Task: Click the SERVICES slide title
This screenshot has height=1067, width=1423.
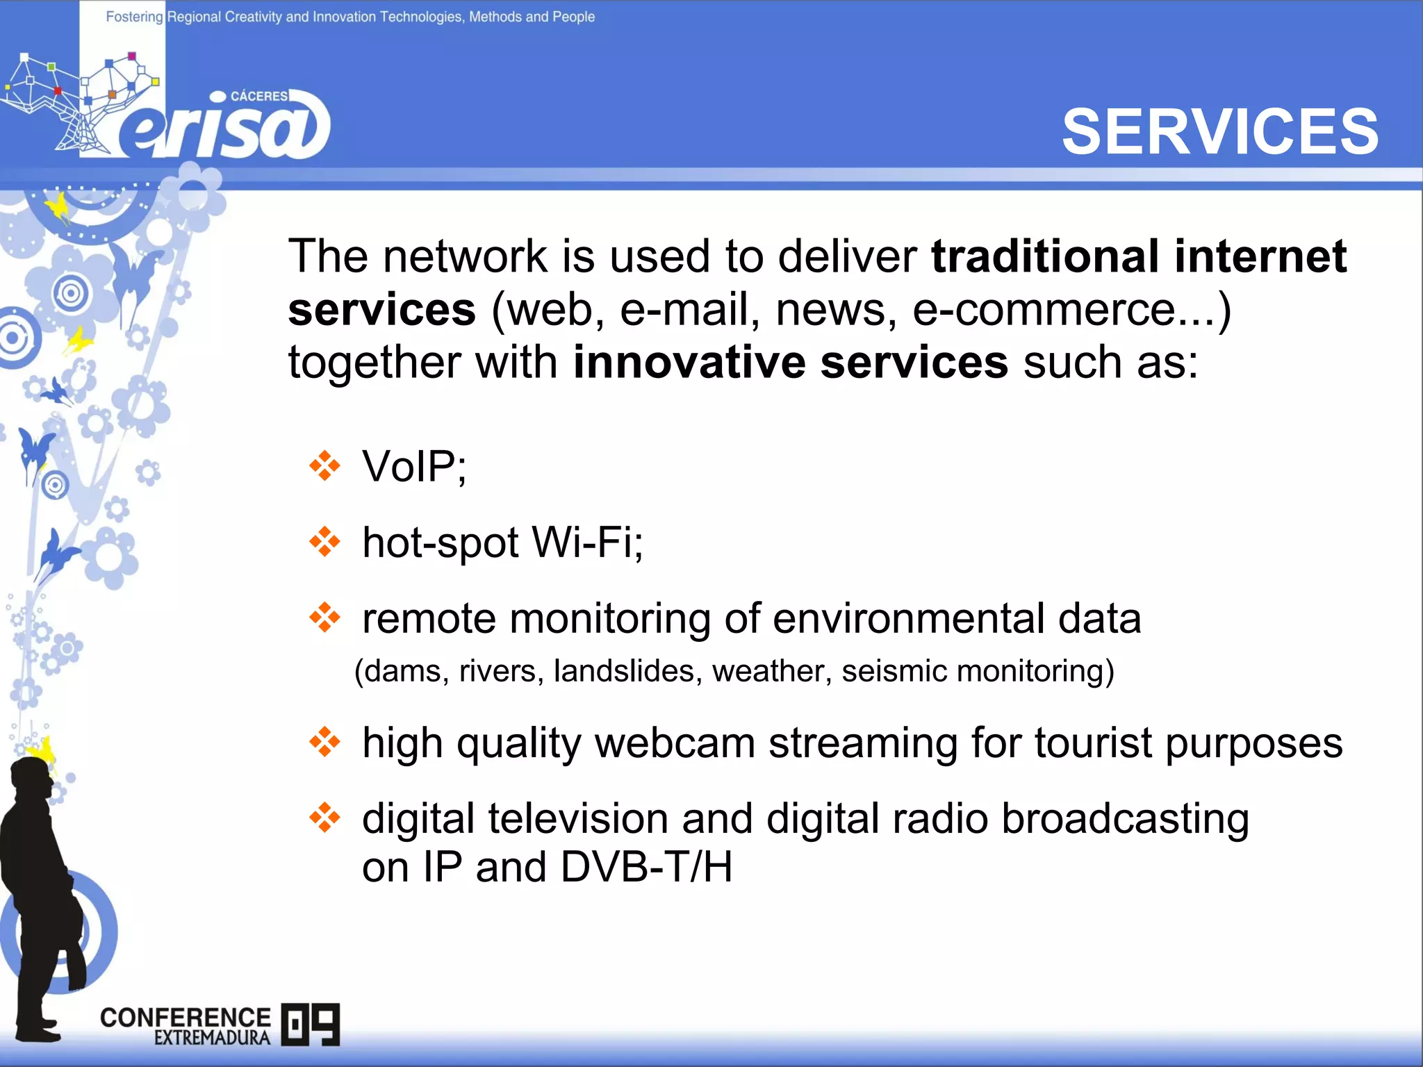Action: click(1220, 132)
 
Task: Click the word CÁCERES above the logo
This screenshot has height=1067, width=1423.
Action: click(258, 97)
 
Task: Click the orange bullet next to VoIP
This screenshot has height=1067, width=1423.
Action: click(324, 466)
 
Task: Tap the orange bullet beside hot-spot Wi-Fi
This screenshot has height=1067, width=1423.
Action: click(324, 542)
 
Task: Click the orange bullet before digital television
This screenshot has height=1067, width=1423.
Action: click(324, 818)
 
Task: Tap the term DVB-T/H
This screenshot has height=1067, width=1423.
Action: click(646, 868)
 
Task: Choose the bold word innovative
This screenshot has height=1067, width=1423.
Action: click(688, 363)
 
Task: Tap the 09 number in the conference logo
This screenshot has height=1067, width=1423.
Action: click(311, 1024)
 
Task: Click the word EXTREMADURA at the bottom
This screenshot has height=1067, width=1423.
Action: click(212, 1038)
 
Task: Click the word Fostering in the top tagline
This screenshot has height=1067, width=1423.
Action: click(134, 17)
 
